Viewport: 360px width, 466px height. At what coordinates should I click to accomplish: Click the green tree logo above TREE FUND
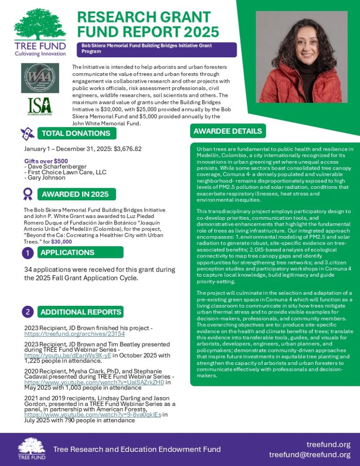tap(40, 25)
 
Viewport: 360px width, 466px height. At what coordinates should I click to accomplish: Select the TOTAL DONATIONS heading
tap(76, 133)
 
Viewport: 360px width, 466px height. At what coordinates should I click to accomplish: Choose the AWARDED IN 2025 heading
tap(75, 194)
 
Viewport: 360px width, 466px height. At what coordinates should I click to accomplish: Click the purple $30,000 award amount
tap(61, 242)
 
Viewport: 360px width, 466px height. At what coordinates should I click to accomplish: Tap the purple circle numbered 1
tap(28, 253)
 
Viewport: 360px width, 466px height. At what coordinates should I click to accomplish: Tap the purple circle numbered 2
tap(28, 312)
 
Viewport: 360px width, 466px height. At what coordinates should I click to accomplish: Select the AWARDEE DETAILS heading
tap(228, 131)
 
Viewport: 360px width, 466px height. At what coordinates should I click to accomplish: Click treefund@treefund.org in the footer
tap(309, 455)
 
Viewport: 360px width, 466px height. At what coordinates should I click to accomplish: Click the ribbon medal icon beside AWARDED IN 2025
tap(28, 194)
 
